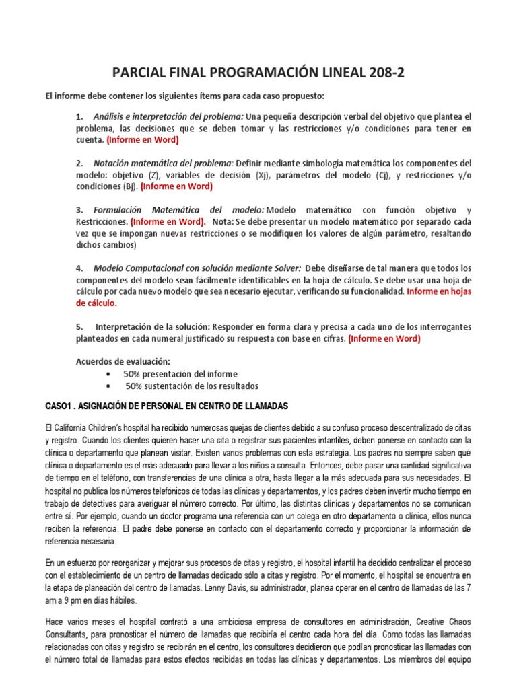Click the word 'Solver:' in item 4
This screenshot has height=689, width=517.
[286, 268]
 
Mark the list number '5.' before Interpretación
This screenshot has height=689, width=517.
[79, 326]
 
